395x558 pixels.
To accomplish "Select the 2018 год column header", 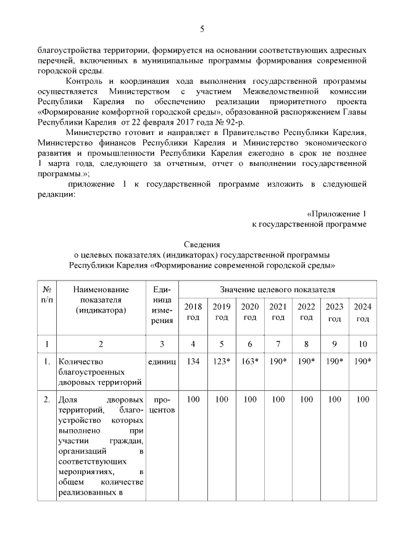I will [x=193, y=312].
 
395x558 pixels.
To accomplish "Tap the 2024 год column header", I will [x=362, y=312].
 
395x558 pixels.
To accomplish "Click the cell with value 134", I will [x=193, y=361].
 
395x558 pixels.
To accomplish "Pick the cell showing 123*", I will [x=221, y=361].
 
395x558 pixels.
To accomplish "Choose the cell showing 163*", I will [x=249, y=361].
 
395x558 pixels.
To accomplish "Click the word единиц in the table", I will [x=162, y=361].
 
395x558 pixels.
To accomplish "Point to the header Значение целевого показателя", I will [x=278, y=289].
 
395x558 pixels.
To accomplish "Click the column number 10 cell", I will [x=362, y=343].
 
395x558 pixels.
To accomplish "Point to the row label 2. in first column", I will [x=47, y=400].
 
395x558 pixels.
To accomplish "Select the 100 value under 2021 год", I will [x=278, y=400].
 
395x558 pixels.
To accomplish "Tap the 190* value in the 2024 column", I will [x=362, y=361].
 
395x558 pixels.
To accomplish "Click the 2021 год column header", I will [x=278, y=312].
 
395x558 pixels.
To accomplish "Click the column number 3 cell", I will [x=162, y=343].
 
